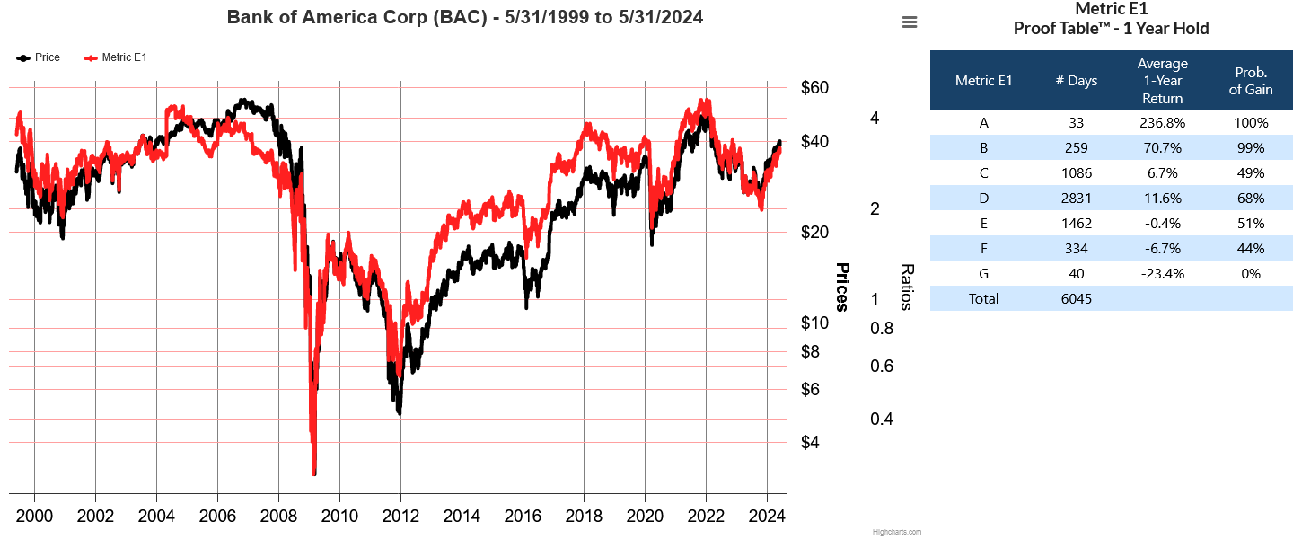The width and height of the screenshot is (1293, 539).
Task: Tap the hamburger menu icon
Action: point(910,22)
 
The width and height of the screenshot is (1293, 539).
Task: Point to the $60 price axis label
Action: point(814,88)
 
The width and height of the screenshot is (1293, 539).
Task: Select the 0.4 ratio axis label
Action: point(882,420)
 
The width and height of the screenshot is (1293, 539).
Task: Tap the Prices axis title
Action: point(842,287)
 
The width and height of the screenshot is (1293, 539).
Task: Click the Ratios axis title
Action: point(907,287)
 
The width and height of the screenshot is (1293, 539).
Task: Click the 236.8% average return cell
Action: point(1162,123)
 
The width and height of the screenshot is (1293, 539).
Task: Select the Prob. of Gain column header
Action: point(1251,81)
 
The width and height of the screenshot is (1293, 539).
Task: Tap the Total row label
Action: point(983,299)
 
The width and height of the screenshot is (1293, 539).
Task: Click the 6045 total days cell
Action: point(1076,299)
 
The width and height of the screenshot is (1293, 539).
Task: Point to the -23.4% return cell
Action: point(1162,274)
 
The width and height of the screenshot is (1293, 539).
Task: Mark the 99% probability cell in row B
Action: point(1251,148)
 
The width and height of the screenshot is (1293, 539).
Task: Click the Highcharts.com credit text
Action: point(896,532)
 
